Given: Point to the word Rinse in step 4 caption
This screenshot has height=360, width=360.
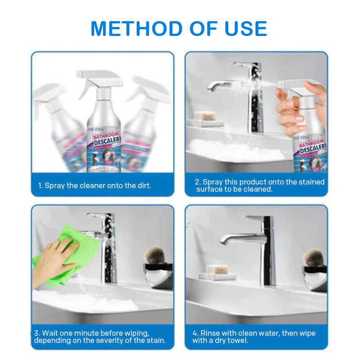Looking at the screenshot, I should tap(211, 333).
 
